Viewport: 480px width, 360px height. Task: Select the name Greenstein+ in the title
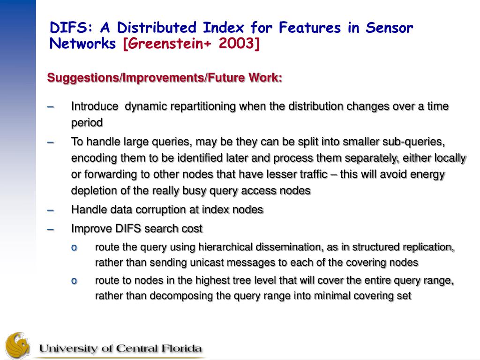(170, 44)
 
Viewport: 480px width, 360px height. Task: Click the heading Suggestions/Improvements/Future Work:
(165, 78)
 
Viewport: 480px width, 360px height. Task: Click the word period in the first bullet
(87, 123)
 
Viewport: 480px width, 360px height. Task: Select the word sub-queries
(413, 142)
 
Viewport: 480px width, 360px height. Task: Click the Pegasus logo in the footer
(18, 346)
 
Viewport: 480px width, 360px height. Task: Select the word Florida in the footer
(181, 348)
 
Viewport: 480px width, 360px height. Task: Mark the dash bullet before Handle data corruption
(51, 210)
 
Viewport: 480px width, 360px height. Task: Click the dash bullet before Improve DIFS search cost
(51, 229)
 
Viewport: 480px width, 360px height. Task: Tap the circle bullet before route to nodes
(74, 281)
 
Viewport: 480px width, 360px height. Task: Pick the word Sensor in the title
(390, 28)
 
